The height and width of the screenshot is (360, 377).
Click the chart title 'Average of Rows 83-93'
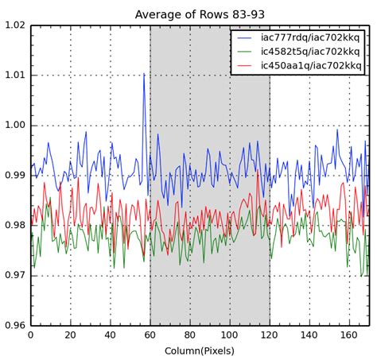tap(200, 14)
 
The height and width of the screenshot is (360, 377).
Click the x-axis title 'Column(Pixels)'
tap(200, 350)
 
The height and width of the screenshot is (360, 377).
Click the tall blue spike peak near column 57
tap(144, 74)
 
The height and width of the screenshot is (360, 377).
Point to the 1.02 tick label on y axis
tap(14, 25)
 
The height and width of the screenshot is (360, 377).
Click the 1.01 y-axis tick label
tap(14, 75)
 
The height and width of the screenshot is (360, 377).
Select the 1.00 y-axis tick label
tap(14, 126)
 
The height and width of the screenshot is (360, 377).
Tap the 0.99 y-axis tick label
tap(14, 176)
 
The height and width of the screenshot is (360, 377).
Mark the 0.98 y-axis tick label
tap(14, 226)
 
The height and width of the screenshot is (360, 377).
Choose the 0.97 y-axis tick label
tap(14, 276)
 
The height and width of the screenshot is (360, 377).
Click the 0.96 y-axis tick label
tap(14, 326)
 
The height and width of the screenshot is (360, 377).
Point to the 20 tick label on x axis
tap(70, 335)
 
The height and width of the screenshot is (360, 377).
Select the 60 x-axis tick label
tap(150, 335)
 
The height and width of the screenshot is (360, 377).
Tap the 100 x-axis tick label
tap(230, 335)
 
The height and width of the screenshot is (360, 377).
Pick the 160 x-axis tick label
tap(349, 335)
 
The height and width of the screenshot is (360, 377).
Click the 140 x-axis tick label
tap(309, 335)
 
